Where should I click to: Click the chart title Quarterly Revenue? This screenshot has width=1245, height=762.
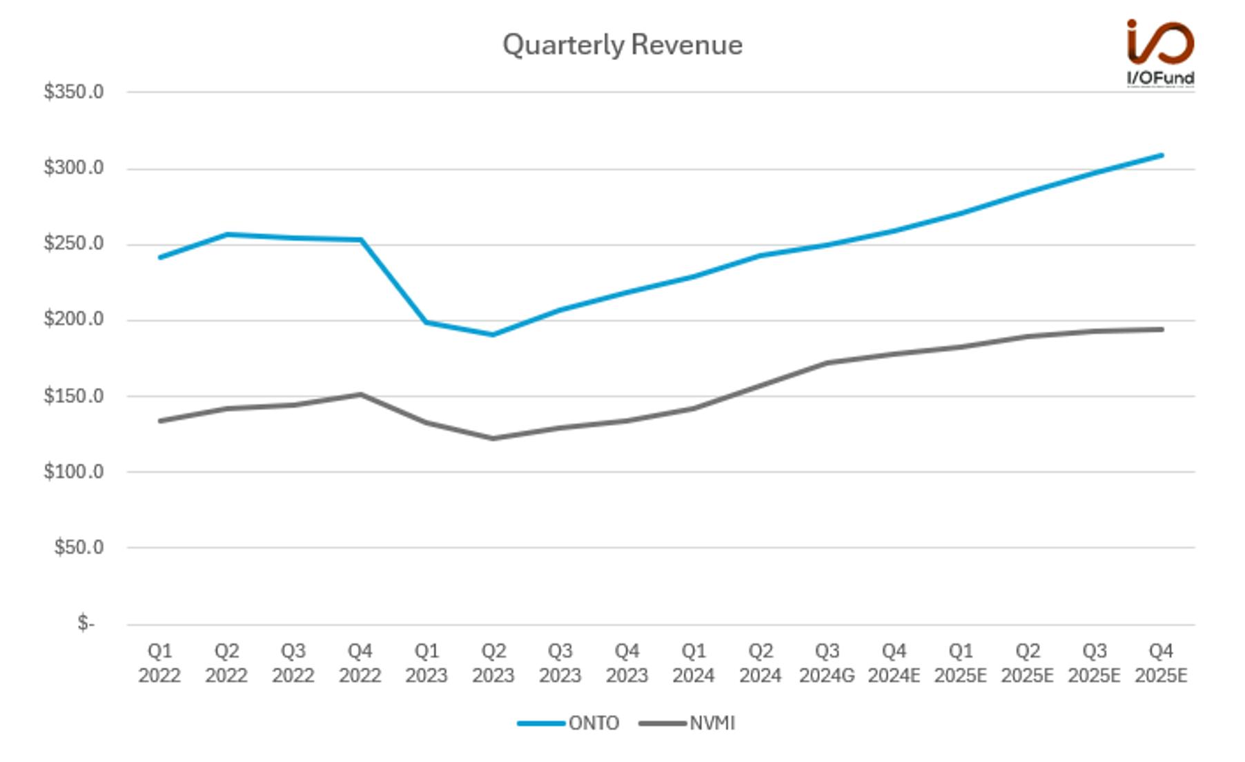[x=622, y=46]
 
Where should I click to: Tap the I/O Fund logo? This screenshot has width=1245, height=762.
[x=1160, y=53]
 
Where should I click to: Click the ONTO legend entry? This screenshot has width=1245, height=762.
[x=569, y=723]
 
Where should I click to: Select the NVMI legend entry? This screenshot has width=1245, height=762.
[x=687, y=723]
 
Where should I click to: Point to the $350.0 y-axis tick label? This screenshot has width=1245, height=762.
[x=74, y=92]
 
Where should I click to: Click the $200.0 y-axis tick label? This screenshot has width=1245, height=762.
[x=74, y=320]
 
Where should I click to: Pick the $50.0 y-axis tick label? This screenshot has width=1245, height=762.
[x=79, y=548]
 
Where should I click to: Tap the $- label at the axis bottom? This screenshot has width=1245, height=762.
[x=86, y=624]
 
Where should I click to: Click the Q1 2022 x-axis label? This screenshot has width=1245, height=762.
[x=159, y=663]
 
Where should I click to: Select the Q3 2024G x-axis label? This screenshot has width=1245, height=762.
[x=827, y=663]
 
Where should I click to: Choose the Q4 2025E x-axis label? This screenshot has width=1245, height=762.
[x=1161, y=663]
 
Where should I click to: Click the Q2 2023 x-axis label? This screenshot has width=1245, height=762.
[x=493, y=663]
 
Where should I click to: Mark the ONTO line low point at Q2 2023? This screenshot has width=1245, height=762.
[x=493, y=335]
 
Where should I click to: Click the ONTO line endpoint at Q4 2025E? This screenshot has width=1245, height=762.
[x=1161, y=155]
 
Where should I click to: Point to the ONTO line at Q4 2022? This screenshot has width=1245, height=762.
[x=360, y=240]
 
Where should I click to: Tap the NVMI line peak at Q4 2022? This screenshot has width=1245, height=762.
[x=360, y=395]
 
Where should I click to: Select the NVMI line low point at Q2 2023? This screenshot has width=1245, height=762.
[x=493, y=438]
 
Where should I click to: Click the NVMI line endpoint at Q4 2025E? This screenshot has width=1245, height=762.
[x=1161, y=329]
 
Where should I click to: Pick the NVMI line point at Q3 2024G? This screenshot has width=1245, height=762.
[x=827, y=363]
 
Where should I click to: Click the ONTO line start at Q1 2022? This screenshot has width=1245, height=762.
[x=160, y=257]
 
